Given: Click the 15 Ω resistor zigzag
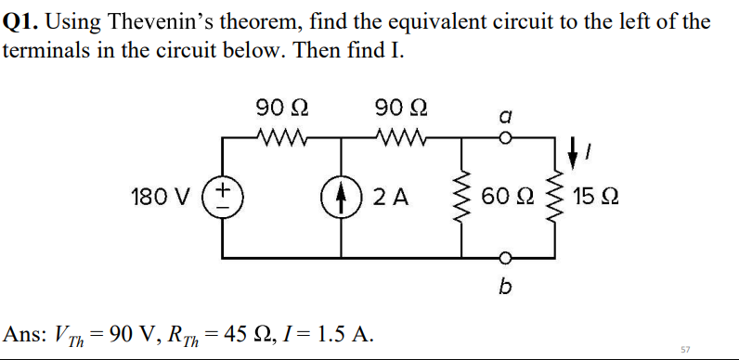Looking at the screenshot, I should pos(557,198).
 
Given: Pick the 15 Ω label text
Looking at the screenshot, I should pos(597,198).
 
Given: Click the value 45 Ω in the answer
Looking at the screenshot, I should pos(260,332).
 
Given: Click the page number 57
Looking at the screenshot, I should pos(685,349).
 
